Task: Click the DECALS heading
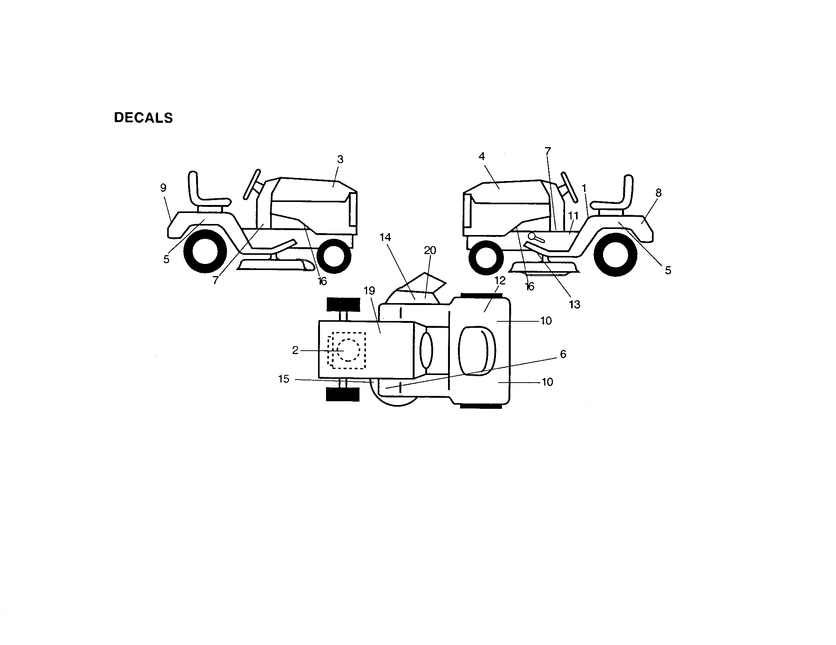point(144,118)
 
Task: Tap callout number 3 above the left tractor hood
point(340,159)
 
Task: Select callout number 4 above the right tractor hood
point(482,156)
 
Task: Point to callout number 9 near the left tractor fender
point(163,187)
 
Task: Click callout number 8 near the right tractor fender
point(659,193)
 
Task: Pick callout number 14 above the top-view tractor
point(385,237)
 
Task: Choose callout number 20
point(430,250)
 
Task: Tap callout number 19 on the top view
point(369,291)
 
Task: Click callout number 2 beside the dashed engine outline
point(295,351)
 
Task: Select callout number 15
point(283,379)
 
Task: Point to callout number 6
point(563,354)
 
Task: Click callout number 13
point(575,305)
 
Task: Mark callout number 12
point(500,281)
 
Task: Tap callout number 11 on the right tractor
point(573,216)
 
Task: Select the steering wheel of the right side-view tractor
point(569,188)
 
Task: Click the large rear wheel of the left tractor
point(205,252)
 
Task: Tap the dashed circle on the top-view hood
point(348,350)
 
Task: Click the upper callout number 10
point(546,321)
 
